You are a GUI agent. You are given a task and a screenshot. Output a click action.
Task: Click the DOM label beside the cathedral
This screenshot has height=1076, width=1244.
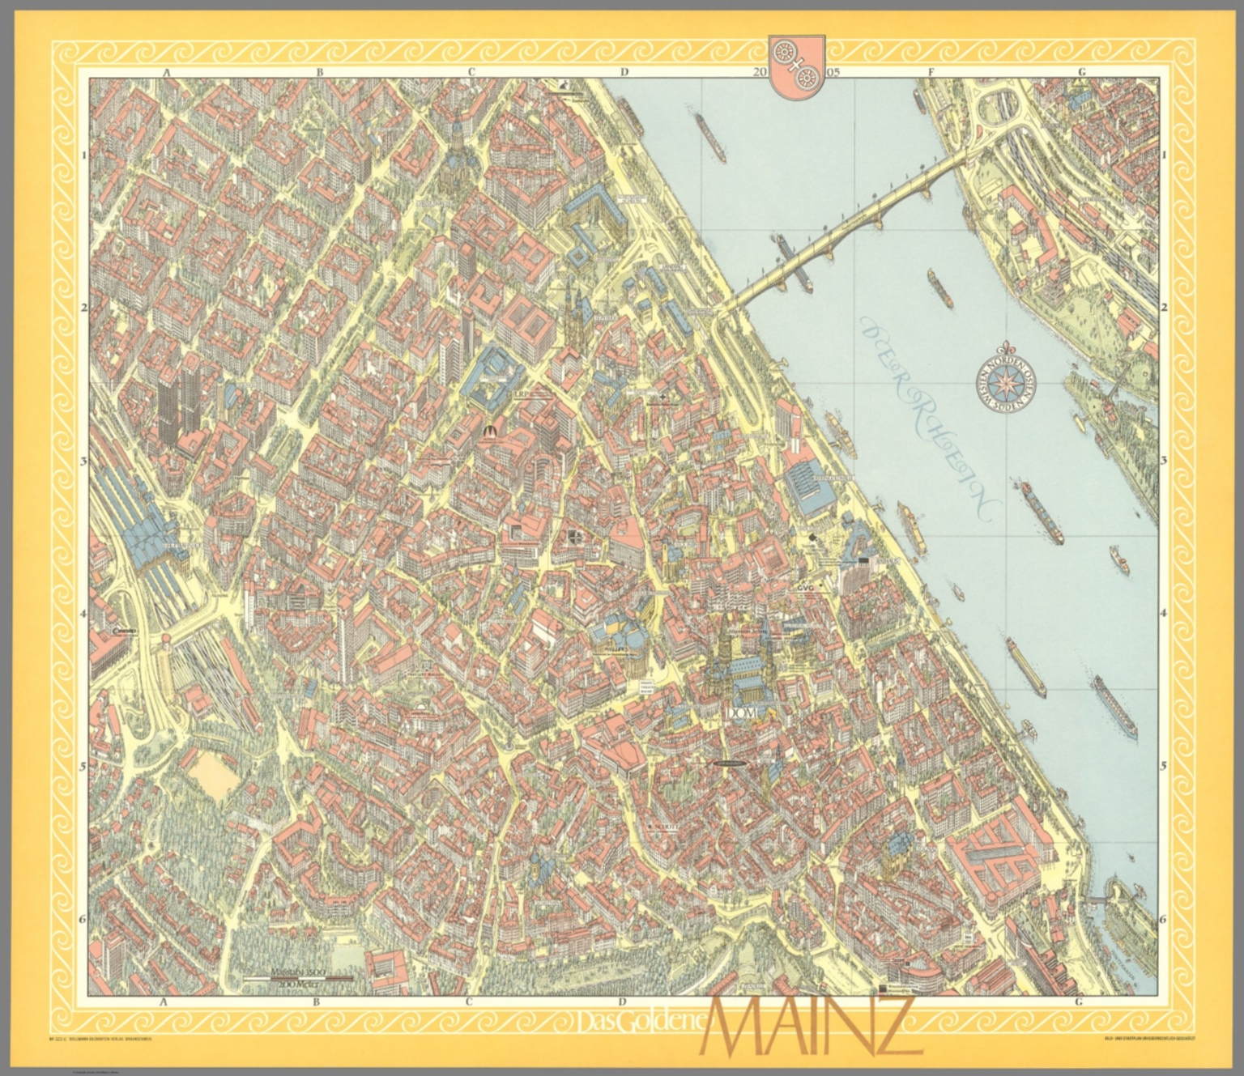pyautogui.click(x=741, y=712)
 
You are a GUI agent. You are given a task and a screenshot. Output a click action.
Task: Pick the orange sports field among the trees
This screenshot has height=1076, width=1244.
pyautogui.click(x=213, y=775)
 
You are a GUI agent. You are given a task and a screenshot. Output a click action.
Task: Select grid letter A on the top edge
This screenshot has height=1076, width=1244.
pyautogui.click(x=166, y=72)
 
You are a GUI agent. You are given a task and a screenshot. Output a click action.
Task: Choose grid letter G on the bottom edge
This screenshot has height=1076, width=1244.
pyautogui.click(x=1080, y=1002)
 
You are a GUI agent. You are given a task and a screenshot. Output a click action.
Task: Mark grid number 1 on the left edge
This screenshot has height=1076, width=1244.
pyautogui.click(x=84, y=155)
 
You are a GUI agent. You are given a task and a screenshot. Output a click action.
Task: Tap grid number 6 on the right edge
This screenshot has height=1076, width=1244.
pyautogui.click(x=1165, y=919)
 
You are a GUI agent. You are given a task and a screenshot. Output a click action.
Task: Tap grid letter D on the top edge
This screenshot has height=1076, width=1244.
pyautogui.click(x=624, y=72)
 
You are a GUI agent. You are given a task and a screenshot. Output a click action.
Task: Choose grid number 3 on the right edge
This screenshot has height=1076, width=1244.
pyautogui.click(x=1165, y=461)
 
